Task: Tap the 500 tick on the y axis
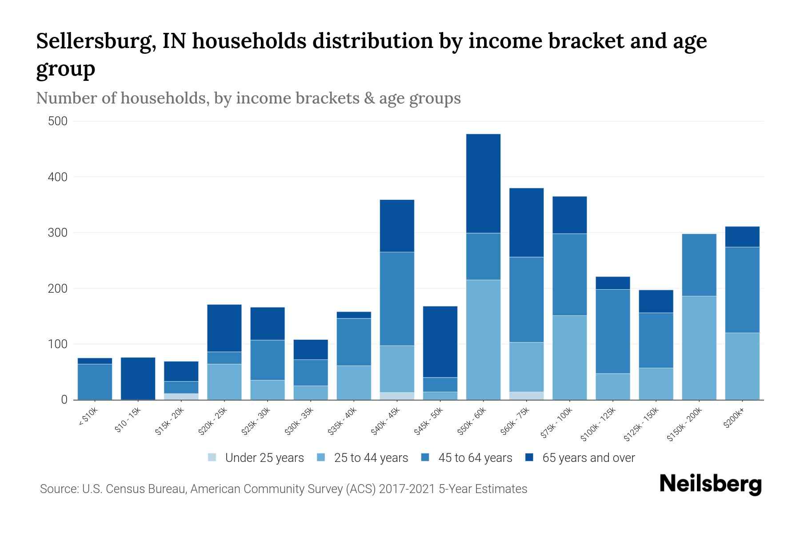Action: pos(58,121)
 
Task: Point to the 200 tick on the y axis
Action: pos(58,289)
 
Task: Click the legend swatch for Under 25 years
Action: pos(212,457)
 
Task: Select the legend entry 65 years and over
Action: pos(588,457)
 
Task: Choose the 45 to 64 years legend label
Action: pos(475,457)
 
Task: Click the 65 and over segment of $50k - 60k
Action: pos(483,183)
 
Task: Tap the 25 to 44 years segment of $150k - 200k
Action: pos(699,348)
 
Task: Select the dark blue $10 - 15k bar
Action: pos(138,378)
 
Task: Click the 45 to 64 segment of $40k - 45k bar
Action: pos(397,298)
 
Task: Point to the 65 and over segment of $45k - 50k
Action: pos(440,342)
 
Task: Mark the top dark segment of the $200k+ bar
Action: pos(742,237)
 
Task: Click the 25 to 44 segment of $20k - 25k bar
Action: pos(224,382)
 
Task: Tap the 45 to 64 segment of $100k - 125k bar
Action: pos(613,331)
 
